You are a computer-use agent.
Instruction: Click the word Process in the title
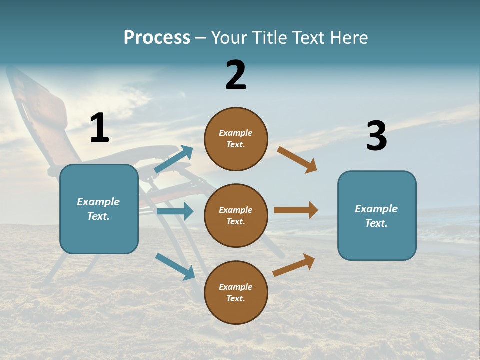tap(157, 37)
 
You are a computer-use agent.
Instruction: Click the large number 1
tap(99, 128)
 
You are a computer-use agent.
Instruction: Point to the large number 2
tap(236, 75)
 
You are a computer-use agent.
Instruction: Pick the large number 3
tap(376, 136)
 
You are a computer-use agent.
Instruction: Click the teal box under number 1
tap(99, 209)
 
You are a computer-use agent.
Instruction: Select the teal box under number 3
tap(377, 216)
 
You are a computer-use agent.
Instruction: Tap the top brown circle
tap(236, 139)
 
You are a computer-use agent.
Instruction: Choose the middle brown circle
tap(236, 216)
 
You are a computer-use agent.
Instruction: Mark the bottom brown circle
tap(236, 293)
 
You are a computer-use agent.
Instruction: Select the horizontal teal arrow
tap(175, 211)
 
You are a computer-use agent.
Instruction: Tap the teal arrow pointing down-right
tap(175, 266)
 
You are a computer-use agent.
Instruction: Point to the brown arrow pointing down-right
tap(297, 160)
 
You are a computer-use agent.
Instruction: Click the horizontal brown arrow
tap(296, 210)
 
